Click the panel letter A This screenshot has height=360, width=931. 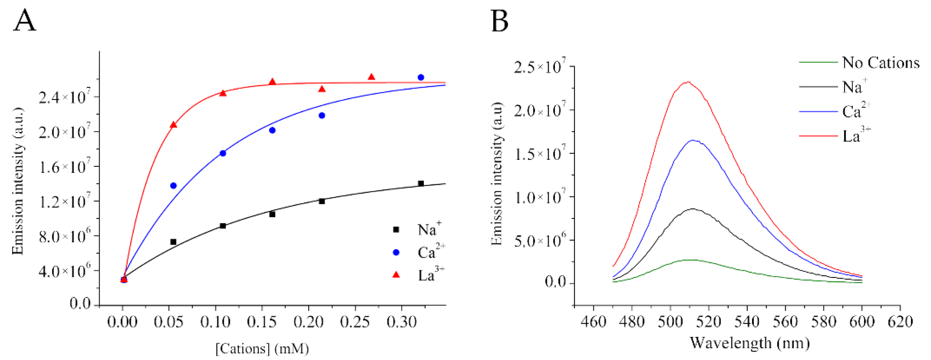point(25,21)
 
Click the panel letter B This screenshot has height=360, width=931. point(500,21)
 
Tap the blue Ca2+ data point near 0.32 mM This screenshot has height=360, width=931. point(421,77)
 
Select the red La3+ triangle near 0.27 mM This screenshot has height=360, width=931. point(371,77)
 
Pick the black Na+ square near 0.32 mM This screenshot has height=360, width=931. point(421,183)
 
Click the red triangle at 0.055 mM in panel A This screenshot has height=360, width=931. point(174,125)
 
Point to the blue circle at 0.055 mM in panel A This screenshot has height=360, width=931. point(174,186)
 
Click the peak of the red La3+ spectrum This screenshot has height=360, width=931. point(688,82)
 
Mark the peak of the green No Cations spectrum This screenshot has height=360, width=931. point(691,259)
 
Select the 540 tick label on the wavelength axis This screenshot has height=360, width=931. point(747,321)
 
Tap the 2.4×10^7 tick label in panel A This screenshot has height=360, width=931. point(64,97)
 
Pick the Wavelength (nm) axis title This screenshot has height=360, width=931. point(750,342)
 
